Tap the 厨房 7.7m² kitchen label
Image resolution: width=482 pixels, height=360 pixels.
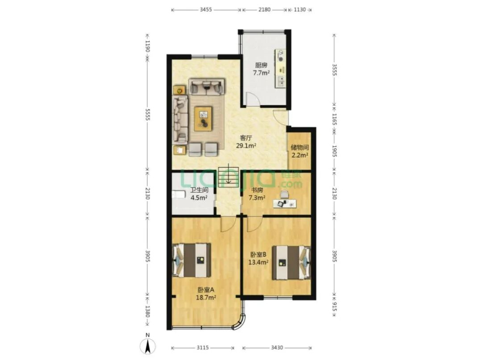point(261,69)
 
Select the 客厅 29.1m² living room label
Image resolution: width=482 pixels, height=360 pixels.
point(246,142)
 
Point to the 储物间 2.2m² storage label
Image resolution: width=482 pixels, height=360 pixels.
point(300,151)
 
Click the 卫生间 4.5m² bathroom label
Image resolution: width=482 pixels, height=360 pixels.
point(199,194)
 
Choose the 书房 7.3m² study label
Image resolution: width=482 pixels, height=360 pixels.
point(257,194)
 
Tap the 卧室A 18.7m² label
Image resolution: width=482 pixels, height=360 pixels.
point(206,294)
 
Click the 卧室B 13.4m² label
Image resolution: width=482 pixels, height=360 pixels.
point(258,258)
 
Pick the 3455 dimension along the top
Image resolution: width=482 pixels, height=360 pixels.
point(206,9)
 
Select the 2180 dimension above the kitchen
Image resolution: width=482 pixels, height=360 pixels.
point(264,9)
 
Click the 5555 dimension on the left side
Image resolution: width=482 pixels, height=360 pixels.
point(148,115)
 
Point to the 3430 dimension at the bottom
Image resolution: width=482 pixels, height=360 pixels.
point(277,348)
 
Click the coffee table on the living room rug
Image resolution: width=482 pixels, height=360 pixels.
point(203,119)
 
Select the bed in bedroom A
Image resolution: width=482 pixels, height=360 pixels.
point(192,260)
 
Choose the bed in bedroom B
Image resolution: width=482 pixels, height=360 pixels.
point(291,263)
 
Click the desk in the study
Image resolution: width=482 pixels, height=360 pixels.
point(285,203)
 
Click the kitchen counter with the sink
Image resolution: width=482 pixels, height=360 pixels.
point(281,69)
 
